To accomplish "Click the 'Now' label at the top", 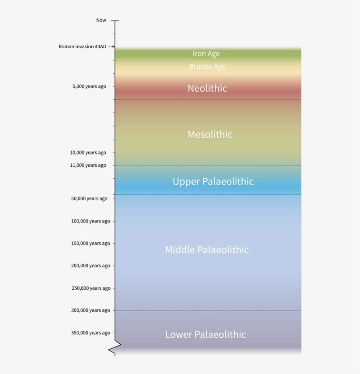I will (101, 20).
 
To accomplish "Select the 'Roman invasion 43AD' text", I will (82, 47).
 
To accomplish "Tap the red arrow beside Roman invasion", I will (112, 47).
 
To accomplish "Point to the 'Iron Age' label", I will (206, 54).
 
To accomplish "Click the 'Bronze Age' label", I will (207, 67).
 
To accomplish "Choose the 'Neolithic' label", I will (207, 88).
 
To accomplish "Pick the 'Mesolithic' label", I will (210, 134).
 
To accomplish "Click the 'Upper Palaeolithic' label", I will (213, 181).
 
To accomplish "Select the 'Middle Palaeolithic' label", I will (207, 250).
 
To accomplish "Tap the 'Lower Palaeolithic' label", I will (205, 334).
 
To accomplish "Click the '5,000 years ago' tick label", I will (89, 86).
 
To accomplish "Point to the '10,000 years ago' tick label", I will (88, 153).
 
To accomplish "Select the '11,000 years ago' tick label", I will (88, 165).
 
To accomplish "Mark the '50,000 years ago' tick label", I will (89, 199).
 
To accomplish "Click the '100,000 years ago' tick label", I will (90, 221).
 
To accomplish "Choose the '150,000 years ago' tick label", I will (90, 244).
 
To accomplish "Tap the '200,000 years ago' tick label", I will (90, 266).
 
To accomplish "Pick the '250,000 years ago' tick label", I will (91, 288).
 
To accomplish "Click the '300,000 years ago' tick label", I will (90, 311).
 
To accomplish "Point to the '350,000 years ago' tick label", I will (90, 333).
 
